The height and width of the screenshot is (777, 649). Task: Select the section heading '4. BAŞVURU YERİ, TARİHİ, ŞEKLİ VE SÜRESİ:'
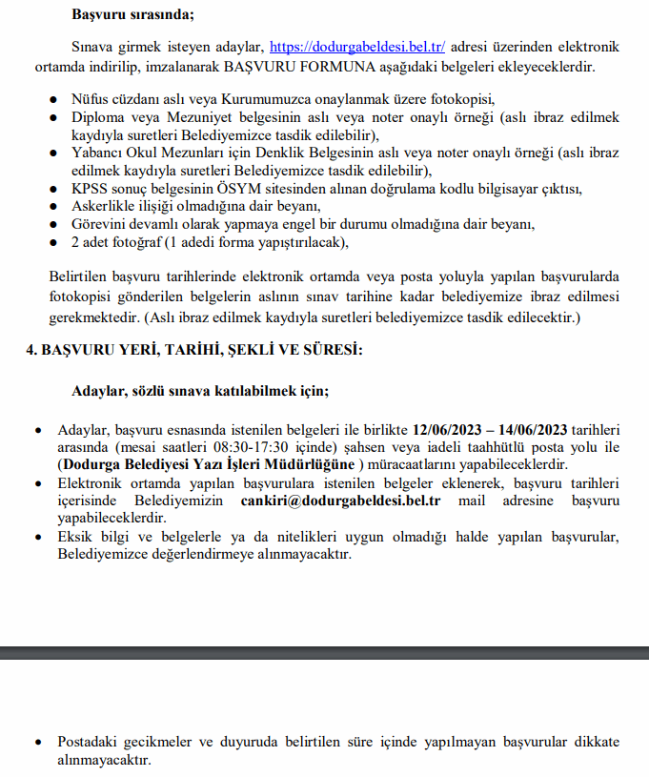193,350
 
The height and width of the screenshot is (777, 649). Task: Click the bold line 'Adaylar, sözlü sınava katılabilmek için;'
200,391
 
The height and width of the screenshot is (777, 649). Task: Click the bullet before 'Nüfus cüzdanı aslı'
53,99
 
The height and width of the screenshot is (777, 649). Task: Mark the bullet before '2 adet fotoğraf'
53,243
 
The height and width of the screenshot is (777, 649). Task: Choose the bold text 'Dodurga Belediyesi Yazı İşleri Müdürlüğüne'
207,464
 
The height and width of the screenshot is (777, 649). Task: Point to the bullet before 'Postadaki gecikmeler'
38,743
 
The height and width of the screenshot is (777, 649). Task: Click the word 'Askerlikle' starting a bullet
102,207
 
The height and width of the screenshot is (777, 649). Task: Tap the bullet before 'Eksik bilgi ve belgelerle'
38,538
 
